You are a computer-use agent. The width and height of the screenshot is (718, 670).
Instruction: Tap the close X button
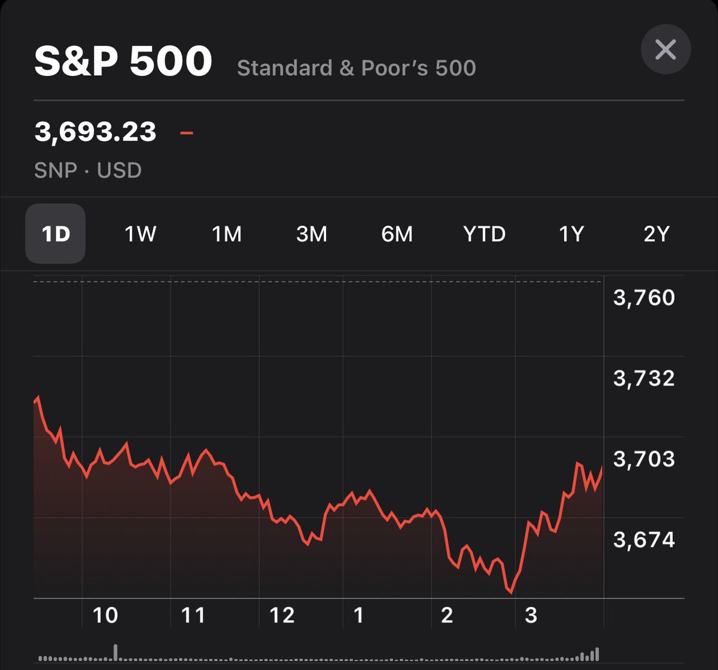point(665,49)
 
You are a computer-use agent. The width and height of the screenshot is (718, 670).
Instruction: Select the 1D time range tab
point(56,234)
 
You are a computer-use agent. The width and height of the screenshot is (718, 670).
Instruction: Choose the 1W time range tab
point(140,234)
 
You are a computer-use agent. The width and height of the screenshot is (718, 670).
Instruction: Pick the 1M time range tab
point(227,234)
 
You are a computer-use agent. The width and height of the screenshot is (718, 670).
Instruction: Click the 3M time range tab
point(312,234)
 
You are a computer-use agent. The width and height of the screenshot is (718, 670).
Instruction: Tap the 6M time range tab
point(397,234)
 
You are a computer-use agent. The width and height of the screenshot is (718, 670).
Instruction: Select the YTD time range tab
point(484,234)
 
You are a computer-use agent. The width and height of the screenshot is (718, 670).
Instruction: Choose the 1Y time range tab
point(571,234)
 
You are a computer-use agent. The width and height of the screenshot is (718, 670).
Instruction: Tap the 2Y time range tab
point(656,234)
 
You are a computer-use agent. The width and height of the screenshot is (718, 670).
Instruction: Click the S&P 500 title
point(123,62)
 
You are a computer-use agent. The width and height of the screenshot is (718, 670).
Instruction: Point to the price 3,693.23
point(96,131)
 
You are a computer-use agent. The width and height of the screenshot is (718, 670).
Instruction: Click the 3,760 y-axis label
point(644,298)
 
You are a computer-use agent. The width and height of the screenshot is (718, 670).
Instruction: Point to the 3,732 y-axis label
point(644,378)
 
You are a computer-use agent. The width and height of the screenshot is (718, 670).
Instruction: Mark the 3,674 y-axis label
point(644,540)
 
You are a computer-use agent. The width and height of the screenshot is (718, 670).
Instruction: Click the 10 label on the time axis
point(105,615)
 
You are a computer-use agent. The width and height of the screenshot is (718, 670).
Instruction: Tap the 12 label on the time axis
point(282,615)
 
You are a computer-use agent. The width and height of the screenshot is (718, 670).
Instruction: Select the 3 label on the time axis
point(531,615)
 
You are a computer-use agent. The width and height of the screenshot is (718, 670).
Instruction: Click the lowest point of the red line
point(511,593)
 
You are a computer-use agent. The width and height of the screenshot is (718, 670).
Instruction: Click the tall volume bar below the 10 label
point(115,652)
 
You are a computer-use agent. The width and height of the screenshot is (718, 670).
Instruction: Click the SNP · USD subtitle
point(88,170)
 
